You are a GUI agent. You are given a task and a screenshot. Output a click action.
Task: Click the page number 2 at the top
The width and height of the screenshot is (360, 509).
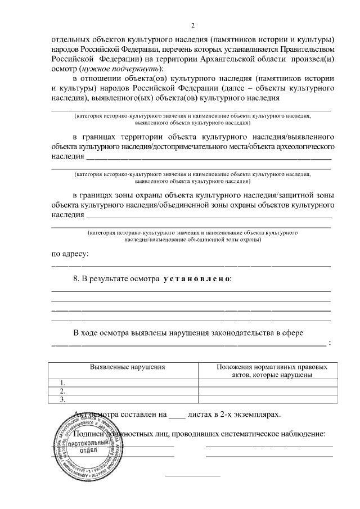[x=192, y=25]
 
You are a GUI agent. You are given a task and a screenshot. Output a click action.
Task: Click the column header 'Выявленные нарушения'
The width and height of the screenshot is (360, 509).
[x=127, y=367]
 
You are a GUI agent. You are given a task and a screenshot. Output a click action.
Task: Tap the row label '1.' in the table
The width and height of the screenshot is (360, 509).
[x=63, y=382]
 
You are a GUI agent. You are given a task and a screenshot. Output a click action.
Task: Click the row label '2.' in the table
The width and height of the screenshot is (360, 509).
[x=63, y=391]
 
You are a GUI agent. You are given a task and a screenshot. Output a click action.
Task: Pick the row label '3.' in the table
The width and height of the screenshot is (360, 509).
[x=63, y=399]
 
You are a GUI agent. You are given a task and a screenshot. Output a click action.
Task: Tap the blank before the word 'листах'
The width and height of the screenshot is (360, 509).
[x=177, y=415]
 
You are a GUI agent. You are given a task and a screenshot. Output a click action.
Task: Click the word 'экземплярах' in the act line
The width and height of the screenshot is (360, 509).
[x=258, y=415]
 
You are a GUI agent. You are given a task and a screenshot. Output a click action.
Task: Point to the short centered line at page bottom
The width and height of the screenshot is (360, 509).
[x=192, y=476]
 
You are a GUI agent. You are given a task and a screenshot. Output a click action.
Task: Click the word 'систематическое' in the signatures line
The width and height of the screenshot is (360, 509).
[x=237, y=434]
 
